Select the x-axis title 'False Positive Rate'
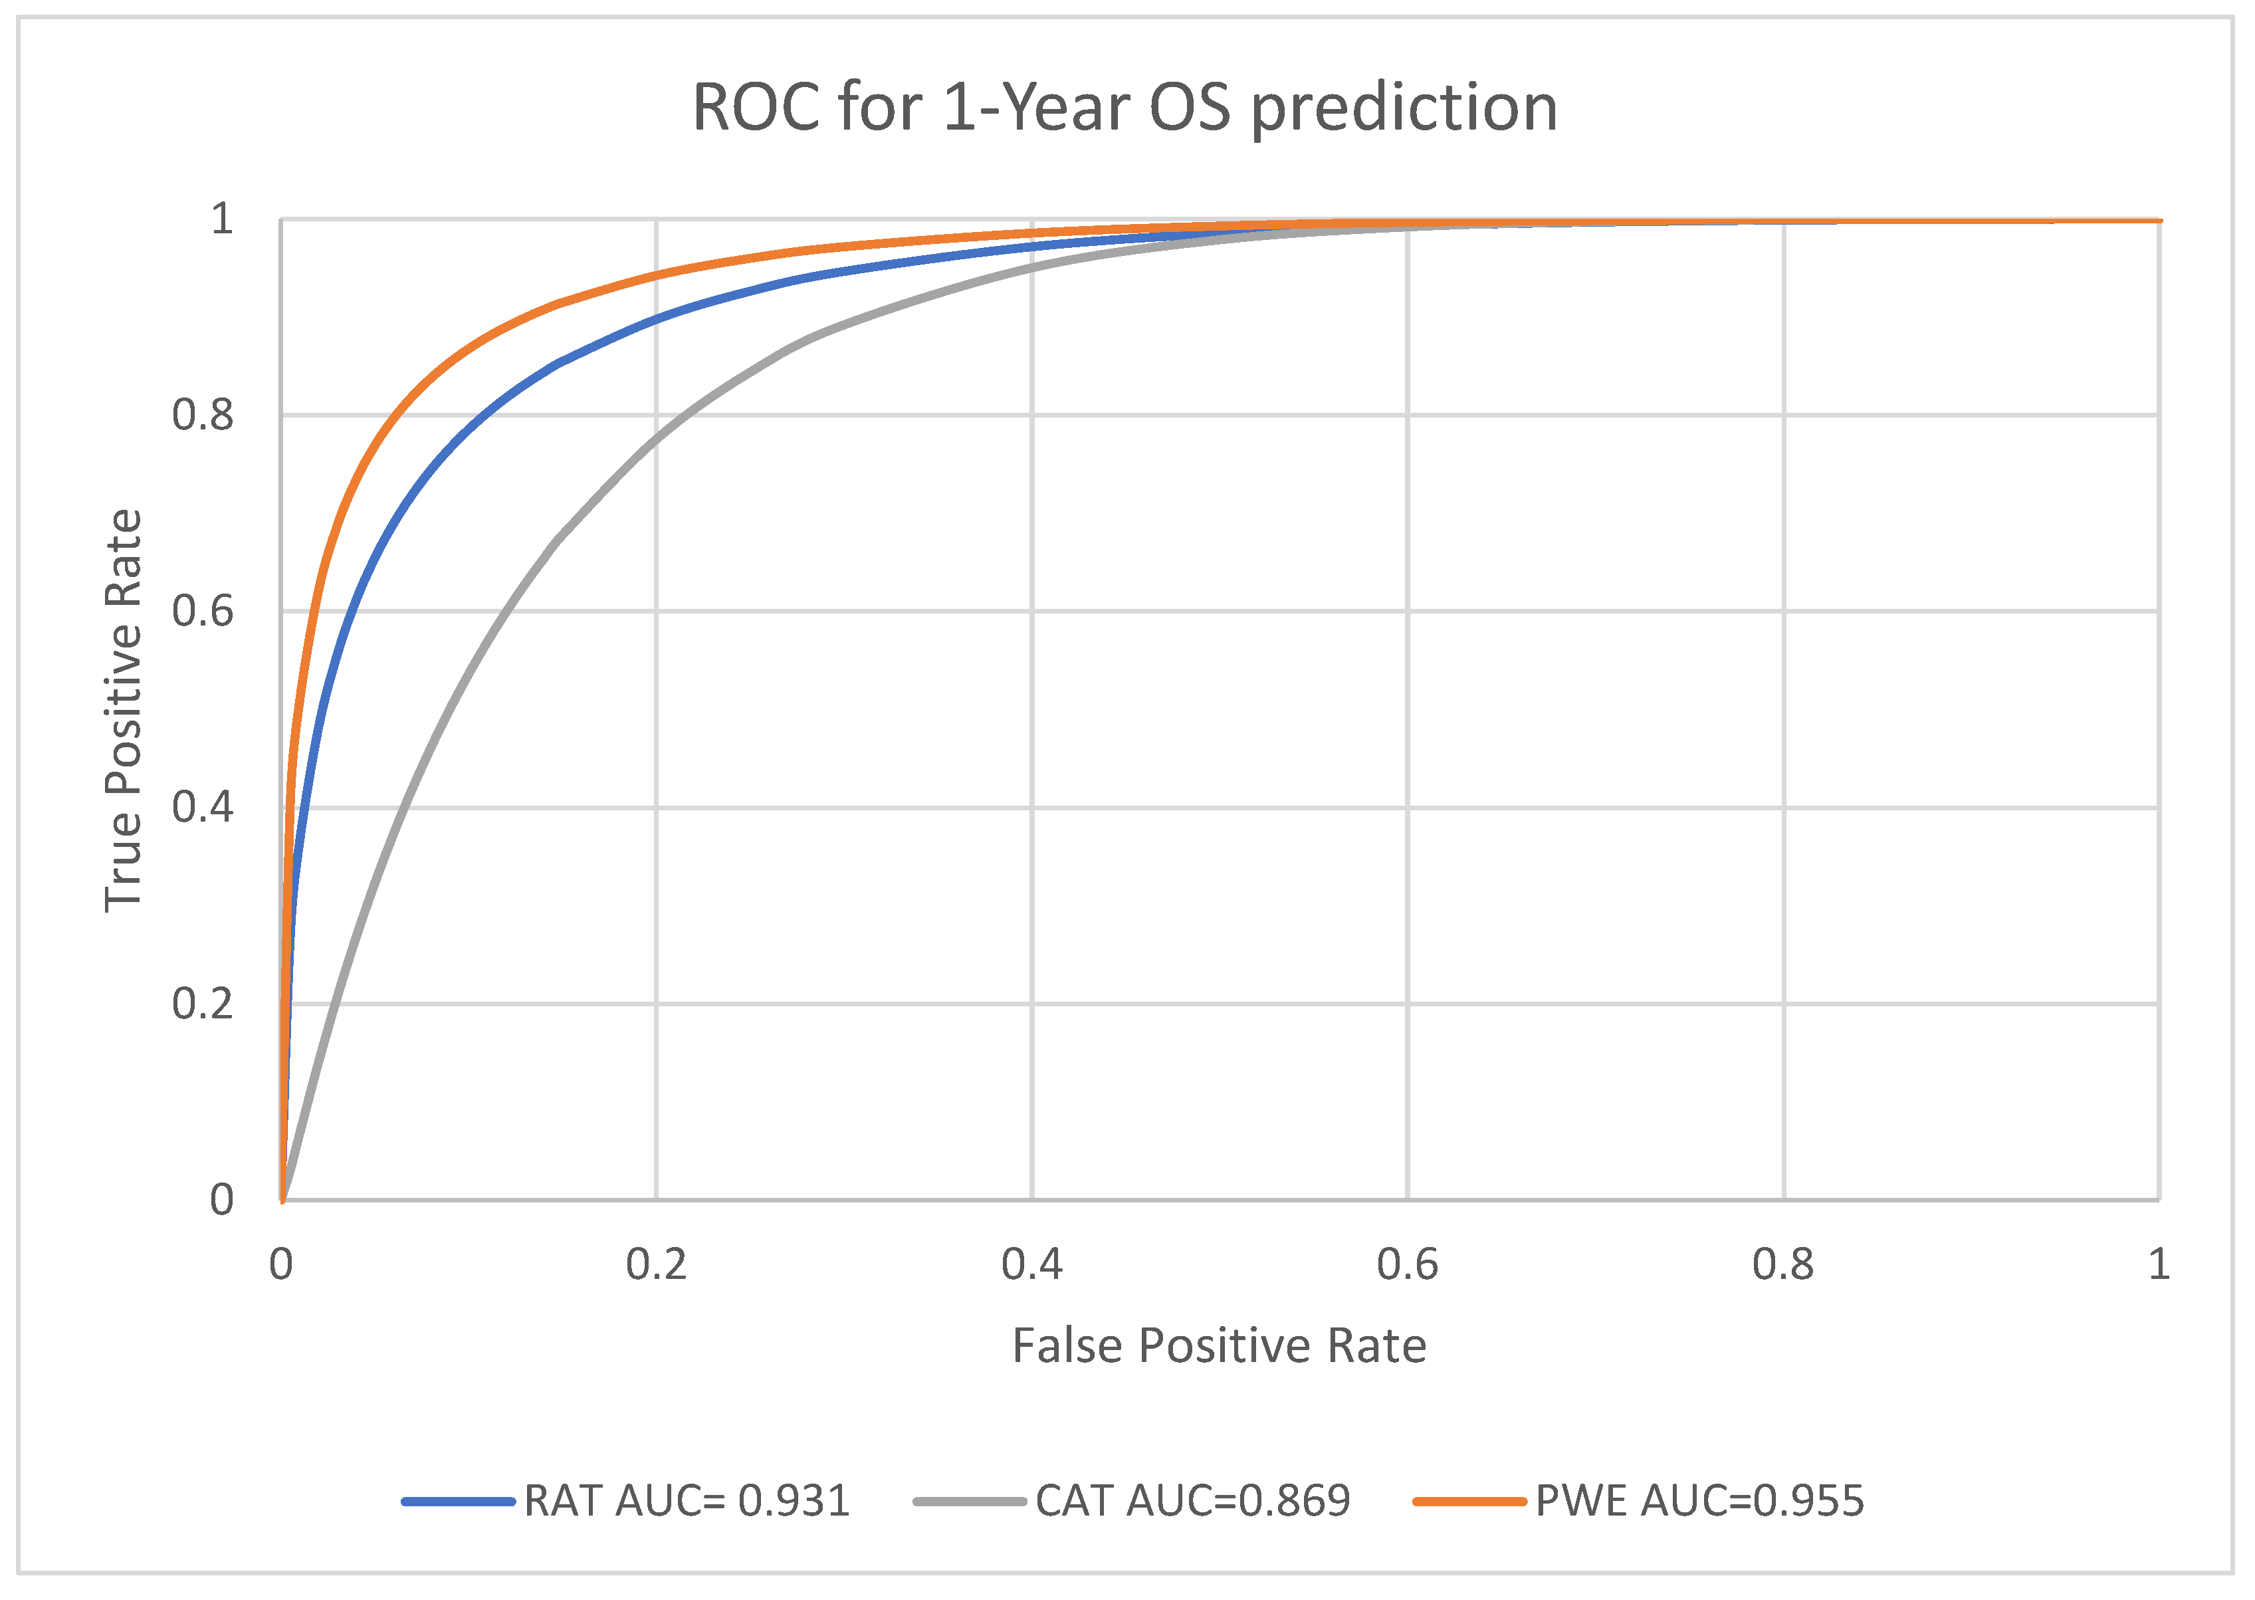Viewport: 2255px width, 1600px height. (x=1219, y=1346)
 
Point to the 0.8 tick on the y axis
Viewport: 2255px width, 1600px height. (x=203, y=415)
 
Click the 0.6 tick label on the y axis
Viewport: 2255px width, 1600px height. (x=203, y=611)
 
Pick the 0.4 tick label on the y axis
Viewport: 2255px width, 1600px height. (x=203, y=807)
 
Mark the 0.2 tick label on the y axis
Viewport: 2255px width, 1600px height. (x=203, y=1004)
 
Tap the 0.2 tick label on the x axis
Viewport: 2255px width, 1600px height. (x=656, y=1264)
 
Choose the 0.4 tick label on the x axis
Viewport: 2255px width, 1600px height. (x=1031, y=1264)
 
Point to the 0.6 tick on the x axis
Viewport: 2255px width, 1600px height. (x=1407, y=1264)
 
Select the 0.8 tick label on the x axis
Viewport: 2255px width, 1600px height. (x=1782, y=1264)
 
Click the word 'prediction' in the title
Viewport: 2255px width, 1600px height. (x=1404, y=108)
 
